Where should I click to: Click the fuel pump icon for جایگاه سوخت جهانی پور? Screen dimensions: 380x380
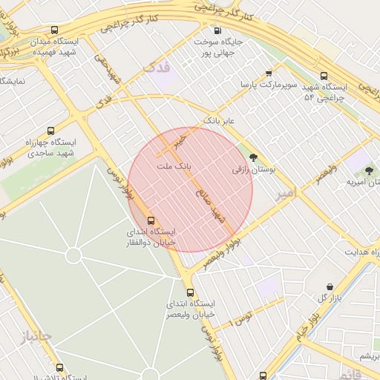(217, 30)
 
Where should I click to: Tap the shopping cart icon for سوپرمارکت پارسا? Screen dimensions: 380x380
(269, 73)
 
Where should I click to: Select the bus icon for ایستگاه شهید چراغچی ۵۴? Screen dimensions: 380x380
(324, 76)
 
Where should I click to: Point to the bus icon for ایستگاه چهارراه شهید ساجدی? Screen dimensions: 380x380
(50, 131)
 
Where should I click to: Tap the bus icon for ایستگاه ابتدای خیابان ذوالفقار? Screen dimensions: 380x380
(152, 220)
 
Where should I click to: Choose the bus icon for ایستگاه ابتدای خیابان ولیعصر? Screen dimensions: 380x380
(191, 292)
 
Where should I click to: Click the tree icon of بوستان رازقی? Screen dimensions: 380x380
(255, 157)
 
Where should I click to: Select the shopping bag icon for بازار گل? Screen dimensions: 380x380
(330, 286)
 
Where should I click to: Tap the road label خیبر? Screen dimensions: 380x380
(179, 139)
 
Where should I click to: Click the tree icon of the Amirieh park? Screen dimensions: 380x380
(369, 171)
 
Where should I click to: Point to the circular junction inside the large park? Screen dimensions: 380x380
(73, 255)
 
